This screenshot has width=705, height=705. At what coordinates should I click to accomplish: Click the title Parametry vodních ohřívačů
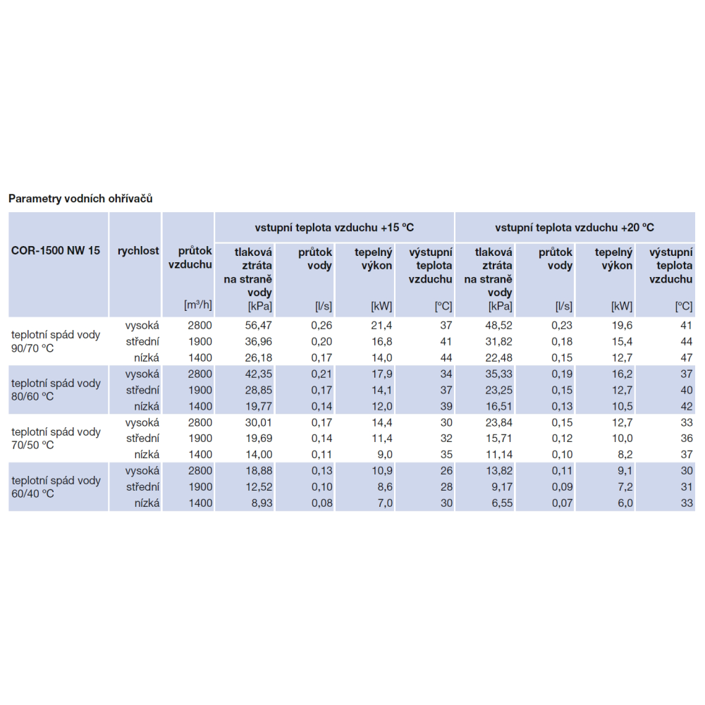[80, 199]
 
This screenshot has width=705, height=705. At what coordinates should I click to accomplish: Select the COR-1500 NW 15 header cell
[55, 250]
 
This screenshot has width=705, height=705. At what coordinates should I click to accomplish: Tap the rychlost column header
[138, 250]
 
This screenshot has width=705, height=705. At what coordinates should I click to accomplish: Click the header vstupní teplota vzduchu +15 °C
[334, 228]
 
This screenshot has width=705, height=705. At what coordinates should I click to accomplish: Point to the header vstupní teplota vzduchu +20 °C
[575, 228]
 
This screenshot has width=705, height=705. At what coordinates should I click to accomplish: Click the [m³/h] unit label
[198, 305]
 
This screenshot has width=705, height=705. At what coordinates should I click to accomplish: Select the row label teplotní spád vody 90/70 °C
[56, 341]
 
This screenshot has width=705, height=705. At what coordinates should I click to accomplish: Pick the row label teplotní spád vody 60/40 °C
[56, 487]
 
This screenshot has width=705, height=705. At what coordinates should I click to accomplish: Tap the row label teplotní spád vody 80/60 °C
[56, 390]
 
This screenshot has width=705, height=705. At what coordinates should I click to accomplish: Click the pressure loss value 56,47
[259, 326]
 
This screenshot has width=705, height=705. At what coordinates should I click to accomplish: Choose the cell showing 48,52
[498, 326]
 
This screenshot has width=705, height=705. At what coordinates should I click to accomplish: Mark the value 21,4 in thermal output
[381, 326]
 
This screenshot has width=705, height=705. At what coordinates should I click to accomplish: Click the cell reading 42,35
[259, 374]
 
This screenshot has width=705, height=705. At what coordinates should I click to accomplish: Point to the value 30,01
[259, 422]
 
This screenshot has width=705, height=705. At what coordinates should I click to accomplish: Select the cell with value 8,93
[262, 503]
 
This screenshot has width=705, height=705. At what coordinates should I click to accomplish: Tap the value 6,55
[502, 503]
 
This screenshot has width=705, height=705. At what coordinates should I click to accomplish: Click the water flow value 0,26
[321, 326]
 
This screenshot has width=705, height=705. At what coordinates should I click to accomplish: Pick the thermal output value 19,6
[622, 326]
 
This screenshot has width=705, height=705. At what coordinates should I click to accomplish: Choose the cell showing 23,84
[498, 422]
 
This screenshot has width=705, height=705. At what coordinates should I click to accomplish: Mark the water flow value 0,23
[562, 326]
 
